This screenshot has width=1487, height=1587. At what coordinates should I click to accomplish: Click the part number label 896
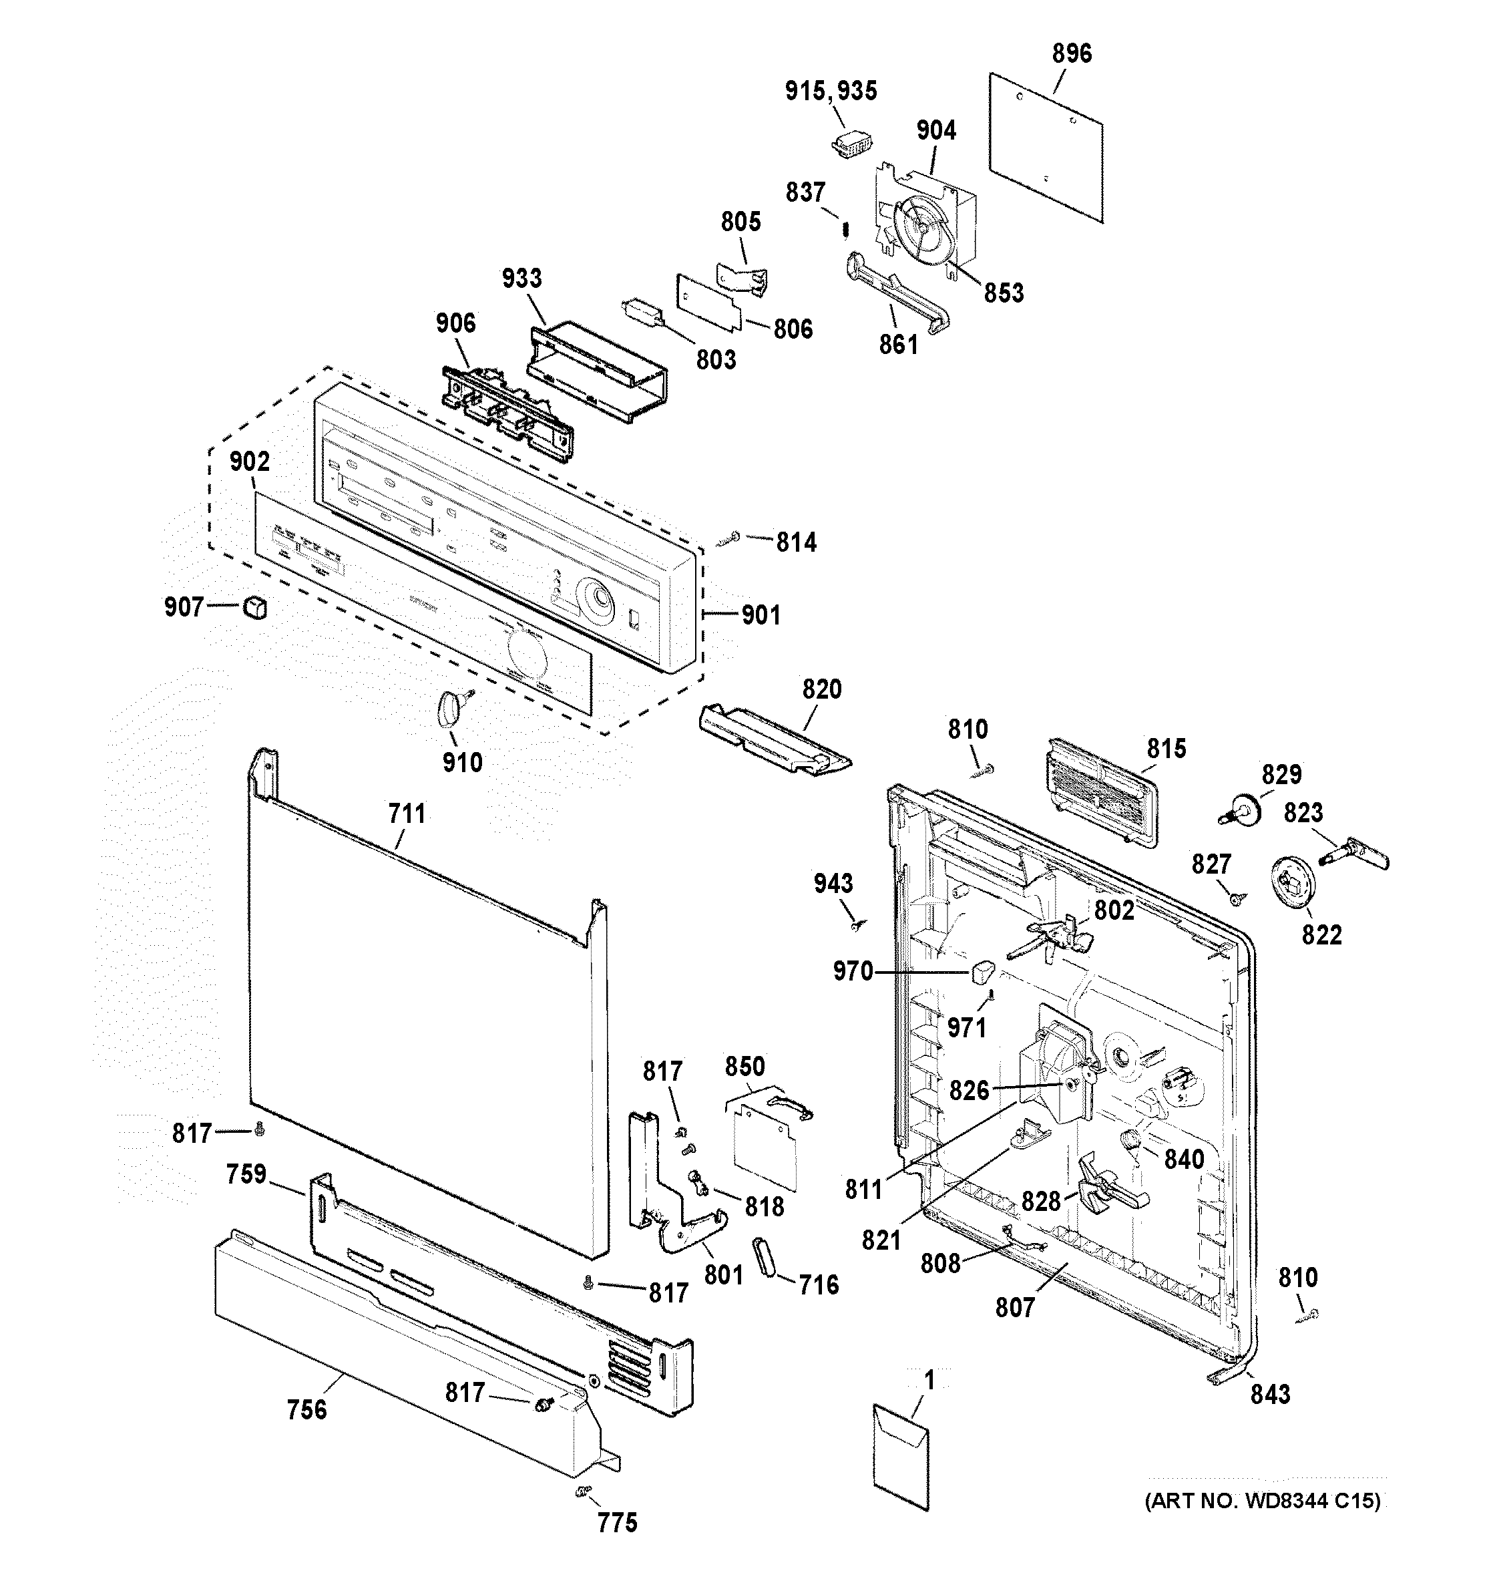click(x=1071, y=53)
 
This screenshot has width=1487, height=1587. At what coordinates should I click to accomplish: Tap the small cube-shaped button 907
click(x=254, y=608)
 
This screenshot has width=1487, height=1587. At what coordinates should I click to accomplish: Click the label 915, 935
click(x=830, y=91)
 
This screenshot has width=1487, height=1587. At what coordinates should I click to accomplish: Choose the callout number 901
click(x=761, y=614)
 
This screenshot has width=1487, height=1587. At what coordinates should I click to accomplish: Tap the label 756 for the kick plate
click(x=307, y=1410)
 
